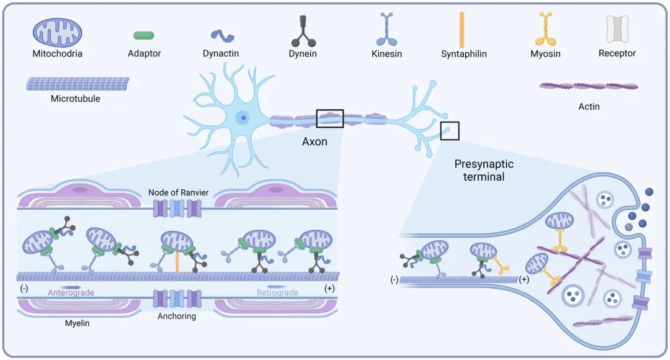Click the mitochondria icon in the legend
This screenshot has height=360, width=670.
(x=58, y=31)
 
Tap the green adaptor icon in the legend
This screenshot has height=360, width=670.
(x=143, y=35)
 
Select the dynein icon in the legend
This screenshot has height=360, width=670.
(x=303, y=30)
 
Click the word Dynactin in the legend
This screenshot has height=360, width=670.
(x=220, y=54)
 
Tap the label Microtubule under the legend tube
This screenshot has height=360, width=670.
(x=76, y=98)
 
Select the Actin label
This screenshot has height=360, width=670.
(x=589, y=107)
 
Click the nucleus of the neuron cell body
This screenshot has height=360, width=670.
(x=243, y=117)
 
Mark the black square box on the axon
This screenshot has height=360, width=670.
(x=329, y=118)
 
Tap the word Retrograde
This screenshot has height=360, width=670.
(x=277, y=292)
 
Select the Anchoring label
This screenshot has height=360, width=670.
(x=177, y=316)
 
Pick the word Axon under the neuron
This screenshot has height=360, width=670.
(x=315, y=142)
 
